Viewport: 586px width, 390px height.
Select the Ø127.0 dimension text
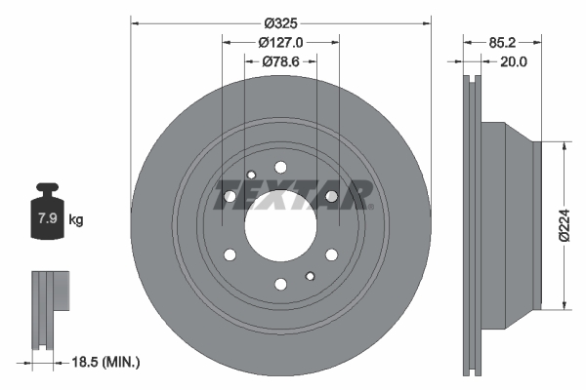tap(281, 42)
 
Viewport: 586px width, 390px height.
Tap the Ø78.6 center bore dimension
tap(281, 61)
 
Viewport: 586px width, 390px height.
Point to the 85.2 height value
tap(502, 42)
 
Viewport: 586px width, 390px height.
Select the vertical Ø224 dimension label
tap(564, 225)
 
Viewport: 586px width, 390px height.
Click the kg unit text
tap(76, 220)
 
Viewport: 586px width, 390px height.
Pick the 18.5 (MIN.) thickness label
tap(105, 362)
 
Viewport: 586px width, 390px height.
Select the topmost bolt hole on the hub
tap(280, 167)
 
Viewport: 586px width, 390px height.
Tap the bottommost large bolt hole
tap(280, 285)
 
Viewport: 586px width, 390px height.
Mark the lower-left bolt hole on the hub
tap(230, 255)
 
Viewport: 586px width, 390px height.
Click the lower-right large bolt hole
tap(332, 255)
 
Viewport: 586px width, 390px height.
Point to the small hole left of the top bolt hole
tap(251, 175)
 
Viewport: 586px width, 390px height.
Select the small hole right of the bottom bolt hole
tap(310, 276)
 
